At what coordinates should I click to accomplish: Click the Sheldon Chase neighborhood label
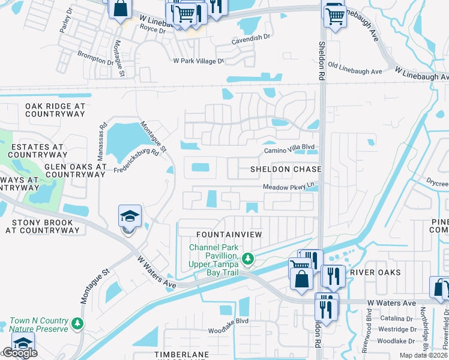(x=286, y=170)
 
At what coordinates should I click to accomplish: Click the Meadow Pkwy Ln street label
(x=289, y=187)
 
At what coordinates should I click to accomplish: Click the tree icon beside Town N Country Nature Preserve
(x=77, y=323)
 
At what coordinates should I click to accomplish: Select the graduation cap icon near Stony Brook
(x=130, y=217)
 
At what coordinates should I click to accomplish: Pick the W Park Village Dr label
(x=198, y=61)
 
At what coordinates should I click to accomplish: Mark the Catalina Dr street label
(x=395, y=318)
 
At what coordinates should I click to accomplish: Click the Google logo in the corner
(x=20, y=353)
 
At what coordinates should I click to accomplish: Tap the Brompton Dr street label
(x=95, y=58)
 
